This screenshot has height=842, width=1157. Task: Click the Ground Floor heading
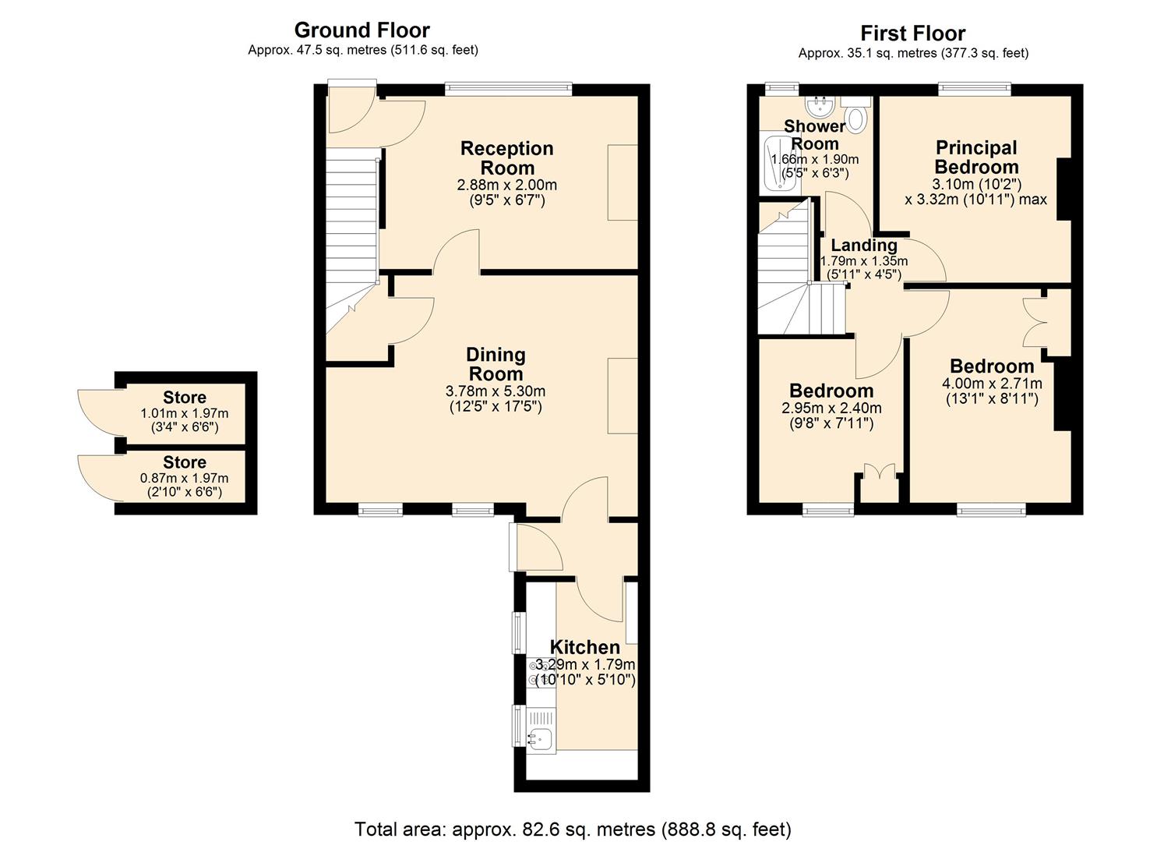click(x=362, y=30)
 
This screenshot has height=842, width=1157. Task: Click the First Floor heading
click(x=912, y=34)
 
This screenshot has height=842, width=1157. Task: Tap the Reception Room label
click(x=506, y=158)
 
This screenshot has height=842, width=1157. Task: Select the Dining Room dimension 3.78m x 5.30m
click(x=496, y=391)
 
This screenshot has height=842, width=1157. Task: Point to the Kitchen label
click(x=584, y=647)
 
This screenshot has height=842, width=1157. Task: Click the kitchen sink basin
click(x=539, y=737)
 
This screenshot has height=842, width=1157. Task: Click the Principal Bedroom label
click(x=976, y=157)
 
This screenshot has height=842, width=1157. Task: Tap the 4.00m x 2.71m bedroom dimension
click(x=992, y=384)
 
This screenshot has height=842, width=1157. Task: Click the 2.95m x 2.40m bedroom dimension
click(x=831, y=408)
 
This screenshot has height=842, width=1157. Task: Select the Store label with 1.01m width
click(x=185, y=397)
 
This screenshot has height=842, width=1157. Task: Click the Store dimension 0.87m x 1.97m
click(x=185, y=479)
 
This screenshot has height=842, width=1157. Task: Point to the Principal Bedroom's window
click(x=975, y=89)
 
